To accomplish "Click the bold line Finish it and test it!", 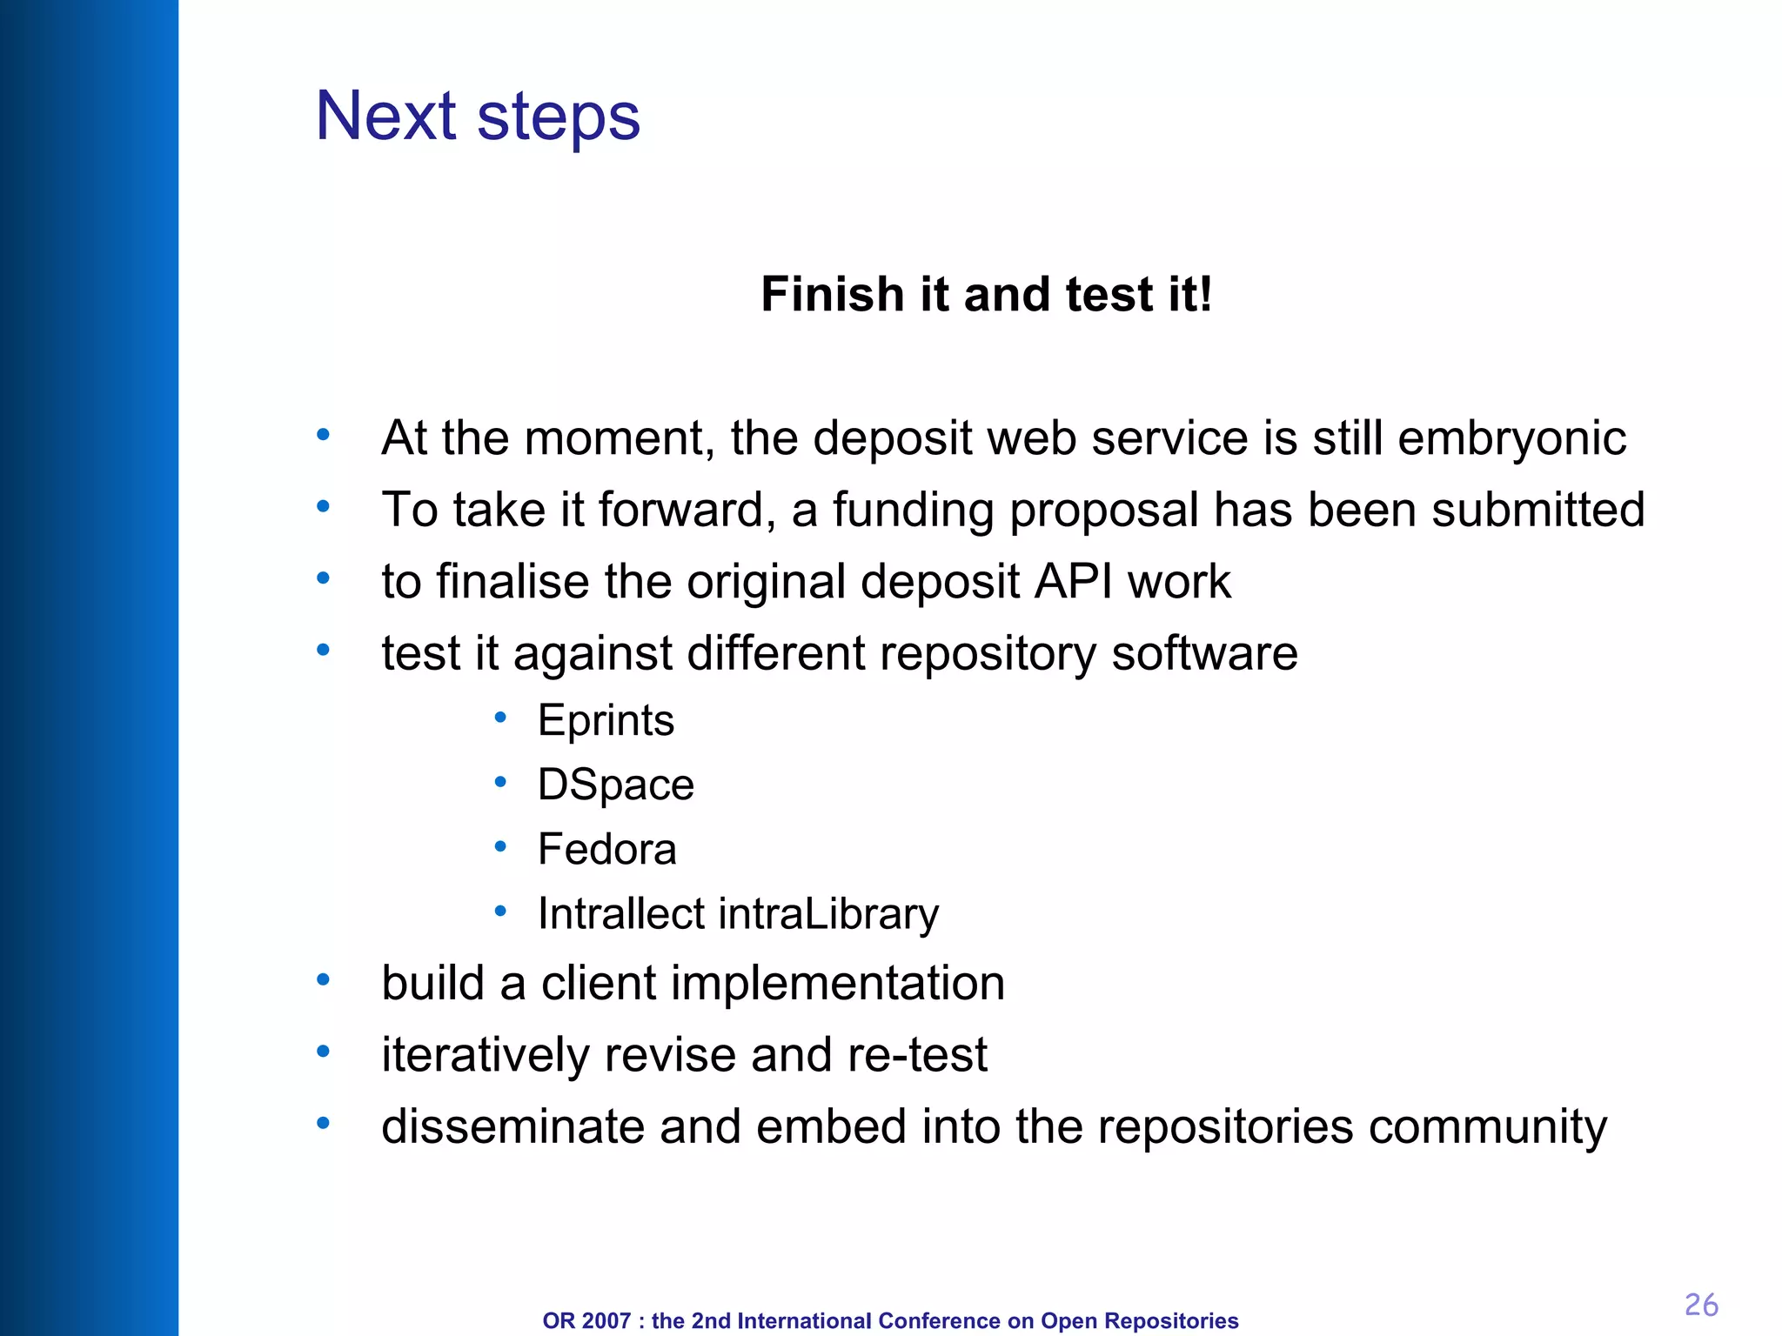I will pos(986,294).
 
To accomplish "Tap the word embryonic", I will pos(1511,438).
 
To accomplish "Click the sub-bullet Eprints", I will pos(606,721).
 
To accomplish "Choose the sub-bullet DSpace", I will pos(616,785).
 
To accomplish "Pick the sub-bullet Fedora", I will pos(606,849).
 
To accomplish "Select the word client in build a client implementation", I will pos(598,984).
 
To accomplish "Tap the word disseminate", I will pos(512,1126).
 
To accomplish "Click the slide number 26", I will pos(1700,1305).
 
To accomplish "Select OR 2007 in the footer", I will pos(586,1320).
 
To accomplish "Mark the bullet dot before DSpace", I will pos(500,782).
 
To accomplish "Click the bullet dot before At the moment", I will pos(323,434).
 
